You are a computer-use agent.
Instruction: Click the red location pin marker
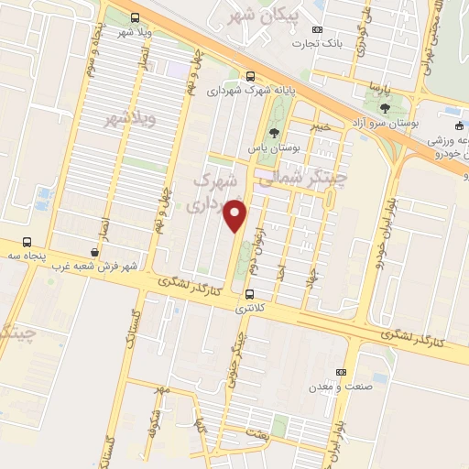tap(236, 216)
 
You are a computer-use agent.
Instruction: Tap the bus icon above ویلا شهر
tap(136, 17)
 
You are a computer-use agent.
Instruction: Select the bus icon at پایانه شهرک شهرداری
tap(251, 78)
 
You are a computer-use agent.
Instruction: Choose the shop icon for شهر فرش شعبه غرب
tap(95, 252)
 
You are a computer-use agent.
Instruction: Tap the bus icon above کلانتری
tap(249, 294)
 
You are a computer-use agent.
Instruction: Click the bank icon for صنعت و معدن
tap(342, 372)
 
